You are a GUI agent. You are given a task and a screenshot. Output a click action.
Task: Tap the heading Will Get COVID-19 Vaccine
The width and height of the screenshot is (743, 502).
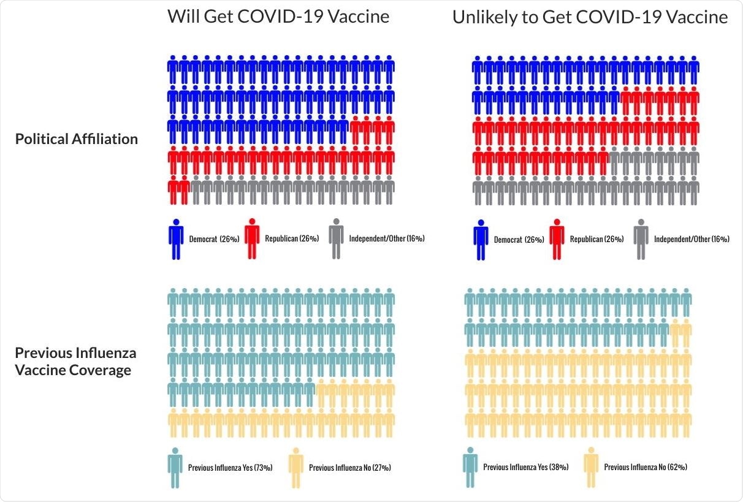point(278,17)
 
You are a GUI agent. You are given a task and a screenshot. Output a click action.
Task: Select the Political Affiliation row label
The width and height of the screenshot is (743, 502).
point(77,139)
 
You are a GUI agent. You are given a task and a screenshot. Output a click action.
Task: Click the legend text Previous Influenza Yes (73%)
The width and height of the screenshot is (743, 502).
point(231,468)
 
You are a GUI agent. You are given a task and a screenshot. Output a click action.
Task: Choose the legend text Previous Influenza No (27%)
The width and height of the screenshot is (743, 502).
point(350,468)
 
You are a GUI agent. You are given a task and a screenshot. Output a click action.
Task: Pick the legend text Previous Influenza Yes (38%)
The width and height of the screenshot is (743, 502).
point(526,468)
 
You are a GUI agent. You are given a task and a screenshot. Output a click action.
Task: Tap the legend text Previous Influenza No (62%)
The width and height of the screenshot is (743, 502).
point(646,468)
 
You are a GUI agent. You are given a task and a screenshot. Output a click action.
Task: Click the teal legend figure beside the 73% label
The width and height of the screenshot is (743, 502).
point(176,467)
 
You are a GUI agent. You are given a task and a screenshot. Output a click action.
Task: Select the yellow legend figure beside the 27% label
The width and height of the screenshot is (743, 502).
point(297,467)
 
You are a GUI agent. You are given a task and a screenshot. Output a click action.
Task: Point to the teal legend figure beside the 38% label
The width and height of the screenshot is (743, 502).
point(471,467)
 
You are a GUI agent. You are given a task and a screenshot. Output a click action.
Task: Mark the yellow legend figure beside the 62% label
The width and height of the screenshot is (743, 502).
point(592,467)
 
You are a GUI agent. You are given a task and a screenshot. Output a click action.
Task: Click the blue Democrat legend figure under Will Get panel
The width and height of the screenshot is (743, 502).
point(176,239)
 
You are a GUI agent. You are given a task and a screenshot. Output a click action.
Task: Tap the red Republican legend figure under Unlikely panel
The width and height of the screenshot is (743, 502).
point(557,239)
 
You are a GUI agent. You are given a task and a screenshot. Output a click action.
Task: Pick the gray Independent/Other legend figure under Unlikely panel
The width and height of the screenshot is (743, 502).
point(641,239)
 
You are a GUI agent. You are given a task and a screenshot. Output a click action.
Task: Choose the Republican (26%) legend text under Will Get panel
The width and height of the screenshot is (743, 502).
point(292,239)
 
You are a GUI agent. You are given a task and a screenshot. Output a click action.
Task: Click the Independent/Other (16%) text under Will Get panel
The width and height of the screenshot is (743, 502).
point(387,239)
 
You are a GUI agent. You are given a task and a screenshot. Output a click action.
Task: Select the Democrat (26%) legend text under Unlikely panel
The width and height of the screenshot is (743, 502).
point(519,240)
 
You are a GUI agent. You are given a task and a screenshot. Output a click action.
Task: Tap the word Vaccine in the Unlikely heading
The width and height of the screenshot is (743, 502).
point(698,18)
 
